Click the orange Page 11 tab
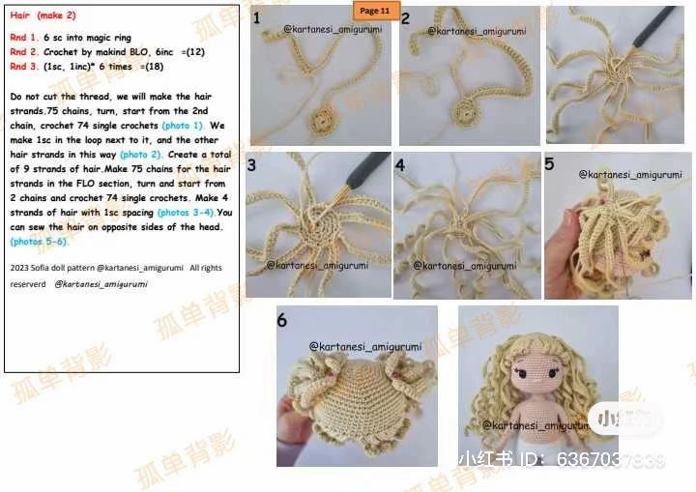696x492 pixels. point(374,11)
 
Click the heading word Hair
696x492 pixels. point(20,15)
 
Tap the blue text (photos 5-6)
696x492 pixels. point(39,241)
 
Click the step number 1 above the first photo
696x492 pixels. point(256,18)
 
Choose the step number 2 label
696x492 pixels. point(405,18)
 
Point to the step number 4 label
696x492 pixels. point(400,165)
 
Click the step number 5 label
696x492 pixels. point(549,164)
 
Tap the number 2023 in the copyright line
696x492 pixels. point(20,268)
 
